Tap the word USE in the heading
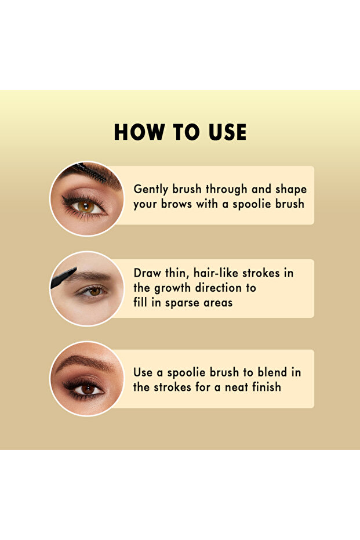pos(224,132)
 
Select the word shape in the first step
pos(290,190)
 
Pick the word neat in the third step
pos(234,387)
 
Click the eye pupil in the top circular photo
pos(86,206)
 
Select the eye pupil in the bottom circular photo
pos(88,388)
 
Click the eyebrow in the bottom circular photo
pos(81,363)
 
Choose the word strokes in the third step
pos(172,387)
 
